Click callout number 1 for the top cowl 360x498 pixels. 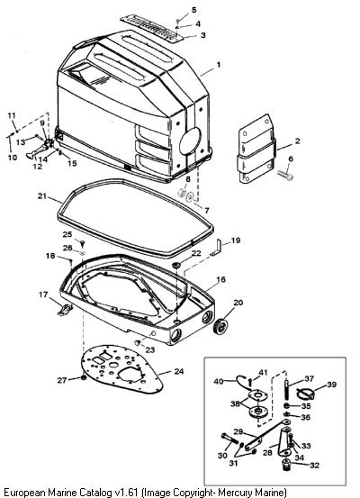pos(218,65)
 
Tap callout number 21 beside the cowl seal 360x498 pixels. pos(42,196)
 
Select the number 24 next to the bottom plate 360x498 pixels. pos(179,371)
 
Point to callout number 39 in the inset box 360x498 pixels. pos(331,385)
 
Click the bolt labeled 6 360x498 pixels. pos(285,175)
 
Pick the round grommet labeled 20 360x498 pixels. pos(221,326)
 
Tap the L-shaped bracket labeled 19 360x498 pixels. pos(217,248)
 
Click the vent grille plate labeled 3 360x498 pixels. pos(152,28)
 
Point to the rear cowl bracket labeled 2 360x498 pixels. pos(256,149)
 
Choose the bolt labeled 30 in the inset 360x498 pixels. pos(229,439)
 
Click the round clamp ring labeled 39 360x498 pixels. pos(305,394)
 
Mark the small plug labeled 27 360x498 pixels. pos(84,378)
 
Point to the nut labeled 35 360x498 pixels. pos(286,406)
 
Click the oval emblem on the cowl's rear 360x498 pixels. pos(190,141)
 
